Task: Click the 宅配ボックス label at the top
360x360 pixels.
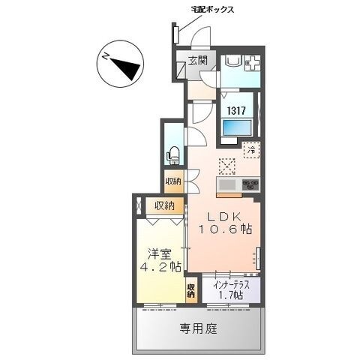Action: tap(212, 10)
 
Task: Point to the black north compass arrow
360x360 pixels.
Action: tap(124, 64)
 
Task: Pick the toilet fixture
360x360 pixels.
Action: tap(173, 154)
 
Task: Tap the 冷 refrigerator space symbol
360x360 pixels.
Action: tap(252, 150)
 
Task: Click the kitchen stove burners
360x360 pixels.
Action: tap(250, 184)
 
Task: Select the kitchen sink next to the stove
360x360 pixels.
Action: tap(227, 184)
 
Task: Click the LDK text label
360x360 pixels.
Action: tap(222, 215)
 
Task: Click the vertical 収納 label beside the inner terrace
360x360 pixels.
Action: tap(193, 289)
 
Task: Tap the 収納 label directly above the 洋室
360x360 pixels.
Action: tap(164, 205)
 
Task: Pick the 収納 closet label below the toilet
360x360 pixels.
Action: tap(174, 181)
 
